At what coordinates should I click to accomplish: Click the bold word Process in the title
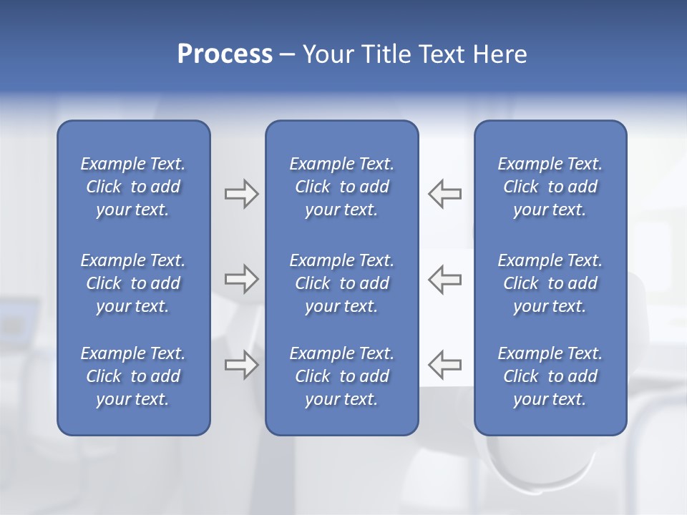(225, 54)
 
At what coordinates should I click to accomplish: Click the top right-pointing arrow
(241, 194)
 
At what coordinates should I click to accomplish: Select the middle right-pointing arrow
(241, 279)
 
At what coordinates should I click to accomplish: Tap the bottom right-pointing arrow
(241, 365)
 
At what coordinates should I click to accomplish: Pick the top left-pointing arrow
(445, 194)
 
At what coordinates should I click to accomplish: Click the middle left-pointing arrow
(445, 279)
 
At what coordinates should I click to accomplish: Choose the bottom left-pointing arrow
(445, 365)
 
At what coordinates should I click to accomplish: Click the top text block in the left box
(133, 187)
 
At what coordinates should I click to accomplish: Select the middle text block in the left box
(133, 283)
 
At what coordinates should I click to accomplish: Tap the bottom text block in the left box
(133, 376)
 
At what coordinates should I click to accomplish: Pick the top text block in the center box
(341, 187)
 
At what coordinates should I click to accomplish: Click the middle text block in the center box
(341, 283)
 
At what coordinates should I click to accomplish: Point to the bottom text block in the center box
(341, 376)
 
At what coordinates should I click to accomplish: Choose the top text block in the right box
(550, 187)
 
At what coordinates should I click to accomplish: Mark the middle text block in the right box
(550, 283)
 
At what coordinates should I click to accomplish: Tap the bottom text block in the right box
(550, 376)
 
